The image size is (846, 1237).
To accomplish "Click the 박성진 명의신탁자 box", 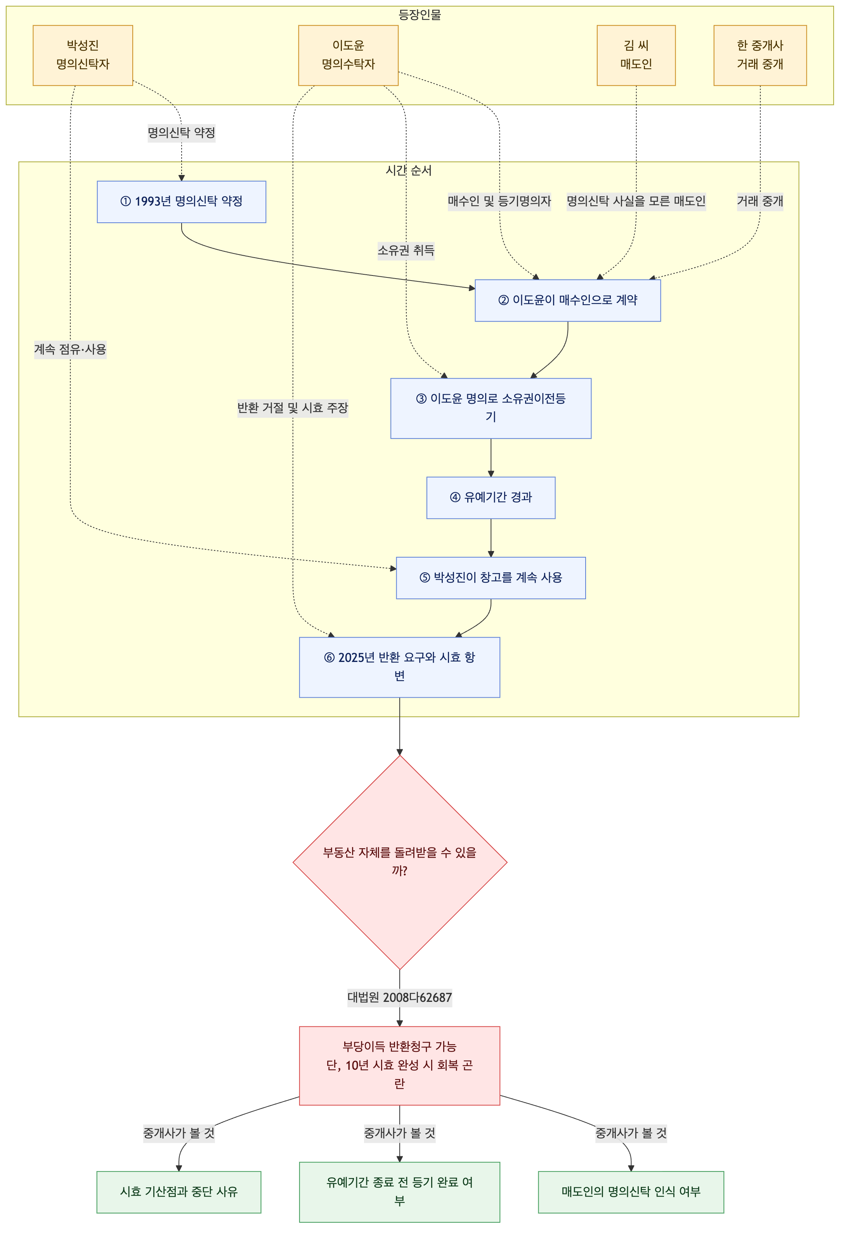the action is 83,55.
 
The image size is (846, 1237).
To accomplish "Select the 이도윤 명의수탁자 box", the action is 348,55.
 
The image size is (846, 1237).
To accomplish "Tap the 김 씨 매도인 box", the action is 636,55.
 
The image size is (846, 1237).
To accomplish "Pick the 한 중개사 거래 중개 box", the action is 760,55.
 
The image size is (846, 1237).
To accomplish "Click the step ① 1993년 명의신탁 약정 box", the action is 182,202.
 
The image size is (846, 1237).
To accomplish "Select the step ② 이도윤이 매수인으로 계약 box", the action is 567,300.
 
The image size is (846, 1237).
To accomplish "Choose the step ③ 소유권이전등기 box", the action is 491,408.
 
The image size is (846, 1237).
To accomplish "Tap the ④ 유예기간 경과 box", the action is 491,498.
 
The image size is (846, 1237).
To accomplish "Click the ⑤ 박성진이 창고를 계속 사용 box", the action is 491,578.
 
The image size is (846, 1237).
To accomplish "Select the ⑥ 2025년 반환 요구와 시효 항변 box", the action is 399,667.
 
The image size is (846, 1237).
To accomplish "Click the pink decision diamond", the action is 400,862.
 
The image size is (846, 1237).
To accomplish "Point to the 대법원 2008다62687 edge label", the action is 400,998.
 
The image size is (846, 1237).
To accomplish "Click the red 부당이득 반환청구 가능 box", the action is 399,1065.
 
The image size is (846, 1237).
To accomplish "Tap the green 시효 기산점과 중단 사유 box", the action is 179,1192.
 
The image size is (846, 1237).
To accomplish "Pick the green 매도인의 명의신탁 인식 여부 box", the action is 631,1192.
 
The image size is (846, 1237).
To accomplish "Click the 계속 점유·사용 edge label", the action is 70,350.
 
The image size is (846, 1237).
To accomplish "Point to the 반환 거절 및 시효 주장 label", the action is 293,408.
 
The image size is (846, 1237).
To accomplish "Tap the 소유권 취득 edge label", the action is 406,251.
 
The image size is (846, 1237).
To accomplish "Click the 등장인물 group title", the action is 420,15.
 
